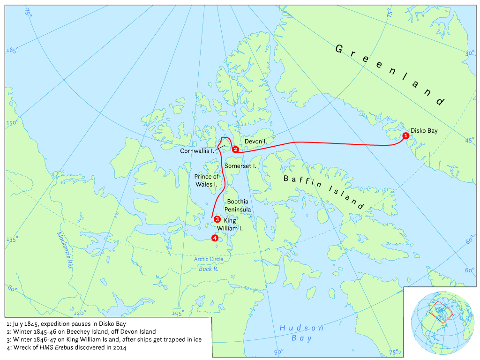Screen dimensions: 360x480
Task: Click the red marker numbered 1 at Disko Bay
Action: (405, 135)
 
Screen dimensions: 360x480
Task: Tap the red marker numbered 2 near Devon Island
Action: (235, 149)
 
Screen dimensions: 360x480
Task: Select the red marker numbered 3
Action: (217, 219)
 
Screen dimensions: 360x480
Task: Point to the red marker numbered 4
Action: (215, 238)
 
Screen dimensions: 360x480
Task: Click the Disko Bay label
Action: (424, 131)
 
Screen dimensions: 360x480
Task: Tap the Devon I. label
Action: (255, 141)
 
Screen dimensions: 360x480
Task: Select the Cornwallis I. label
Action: (197, 151)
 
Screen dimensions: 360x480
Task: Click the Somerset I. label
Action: (240, 166)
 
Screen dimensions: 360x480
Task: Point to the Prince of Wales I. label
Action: (207, 180)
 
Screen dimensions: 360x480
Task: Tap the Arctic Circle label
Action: (209, 259)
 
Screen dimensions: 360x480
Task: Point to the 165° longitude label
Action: (12, 51)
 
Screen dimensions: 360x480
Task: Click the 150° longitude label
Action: (12, 123)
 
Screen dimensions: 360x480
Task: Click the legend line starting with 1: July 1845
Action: (67, 324)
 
